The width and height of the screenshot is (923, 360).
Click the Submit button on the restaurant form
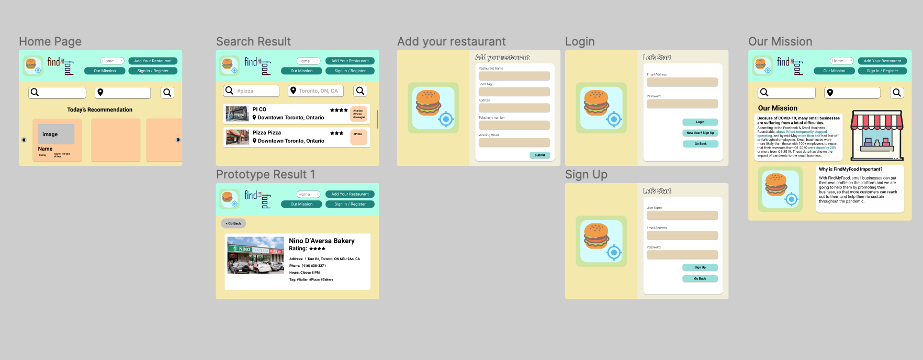coord(539,155)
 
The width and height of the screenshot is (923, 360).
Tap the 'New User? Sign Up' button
coord(700,133)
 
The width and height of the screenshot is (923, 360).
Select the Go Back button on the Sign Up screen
coord(700,279)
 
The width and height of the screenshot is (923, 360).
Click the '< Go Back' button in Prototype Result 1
coord(233,223)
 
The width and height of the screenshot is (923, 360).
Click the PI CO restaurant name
coord(260,109)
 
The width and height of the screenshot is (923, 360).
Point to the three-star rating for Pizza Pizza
coord(336,133)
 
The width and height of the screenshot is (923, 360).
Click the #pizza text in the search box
coord(245,91)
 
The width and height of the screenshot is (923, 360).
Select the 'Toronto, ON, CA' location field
coord(318,91)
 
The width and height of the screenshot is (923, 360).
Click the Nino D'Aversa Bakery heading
coord(322,241)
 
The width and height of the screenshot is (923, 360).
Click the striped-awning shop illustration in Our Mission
coord(877,134)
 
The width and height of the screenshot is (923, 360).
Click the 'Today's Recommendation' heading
coord(100,110)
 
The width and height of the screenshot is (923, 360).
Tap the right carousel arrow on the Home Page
coord(178,140)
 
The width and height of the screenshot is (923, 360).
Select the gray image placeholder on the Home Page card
coord(56,134)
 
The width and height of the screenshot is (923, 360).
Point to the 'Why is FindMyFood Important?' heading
coord(850,170)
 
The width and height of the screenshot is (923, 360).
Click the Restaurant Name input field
coord(514,76)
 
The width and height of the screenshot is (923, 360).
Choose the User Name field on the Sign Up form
coord(682,216)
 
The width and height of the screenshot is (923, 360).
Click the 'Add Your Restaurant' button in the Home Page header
coord(153,61)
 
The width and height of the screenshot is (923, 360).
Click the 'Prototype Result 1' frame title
coord(266,174)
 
